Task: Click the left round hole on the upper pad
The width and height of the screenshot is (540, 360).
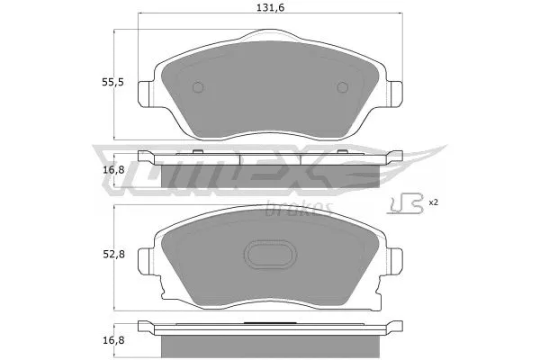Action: coord(200,87)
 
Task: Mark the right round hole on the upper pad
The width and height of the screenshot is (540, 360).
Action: coord(342,87)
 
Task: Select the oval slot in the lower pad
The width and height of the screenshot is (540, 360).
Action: coord(272,256)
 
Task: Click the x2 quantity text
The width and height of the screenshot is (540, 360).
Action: coord(434,202)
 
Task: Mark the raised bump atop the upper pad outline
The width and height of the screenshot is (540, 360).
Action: coord(271,37)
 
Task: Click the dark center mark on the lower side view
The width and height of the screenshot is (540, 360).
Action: coord(271,321)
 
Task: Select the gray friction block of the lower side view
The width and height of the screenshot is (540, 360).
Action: coord(271,345)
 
